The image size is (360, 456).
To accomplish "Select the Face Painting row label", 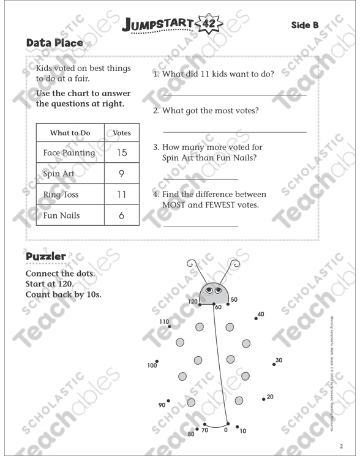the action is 69,152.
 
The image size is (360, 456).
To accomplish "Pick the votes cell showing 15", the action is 122,152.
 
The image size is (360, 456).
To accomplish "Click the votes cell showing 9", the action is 122,173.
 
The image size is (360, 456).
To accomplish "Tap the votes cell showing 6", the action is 122,215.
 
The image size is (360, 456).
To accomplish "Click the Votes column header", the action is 122,133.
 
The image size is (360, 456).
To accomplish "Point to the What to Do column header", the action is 70,133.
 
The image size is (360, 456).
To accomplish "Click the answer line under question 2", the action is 234,132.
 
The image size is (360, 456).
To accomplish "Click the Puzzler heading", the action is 46,256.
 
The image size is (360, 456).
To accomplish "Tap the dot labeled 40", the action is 256,318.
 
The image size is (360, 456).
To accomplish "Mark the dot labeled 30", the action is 274,364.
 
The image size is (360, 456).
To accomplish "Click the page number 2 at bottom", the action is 342,445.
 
